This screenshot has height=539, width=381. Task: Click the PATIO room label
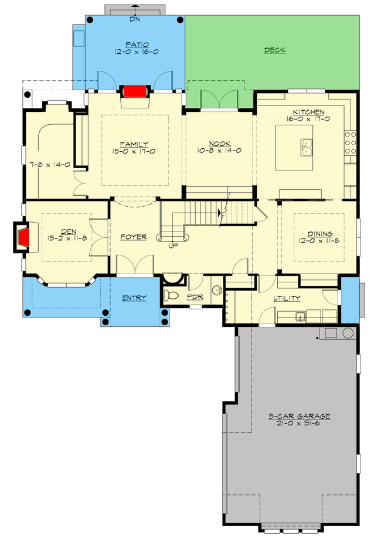tap(136, 44)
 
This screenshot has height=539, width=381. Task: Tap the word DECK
tap(274, 50)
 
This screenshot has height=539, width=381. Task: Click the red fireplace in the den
tap(24, 238)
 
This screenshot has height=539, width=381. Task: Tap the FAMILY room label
tap(134, 144)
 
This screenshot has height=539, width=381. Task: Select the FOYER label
tap(134, 237)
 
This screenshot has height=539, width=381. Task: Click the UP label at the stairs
tap(173, 245)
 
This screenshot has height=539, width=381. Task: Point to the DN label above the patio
tap(135, 19)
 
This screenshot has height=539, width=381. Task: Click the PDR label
tap(195, 298)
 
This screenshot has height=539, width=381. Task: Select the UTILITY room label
tap(287, 298)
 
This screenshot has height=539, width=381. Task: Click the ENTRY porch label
tap(134, 298)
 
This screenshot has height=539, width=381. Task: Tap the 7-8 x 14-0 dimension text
tap(50, 165)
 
